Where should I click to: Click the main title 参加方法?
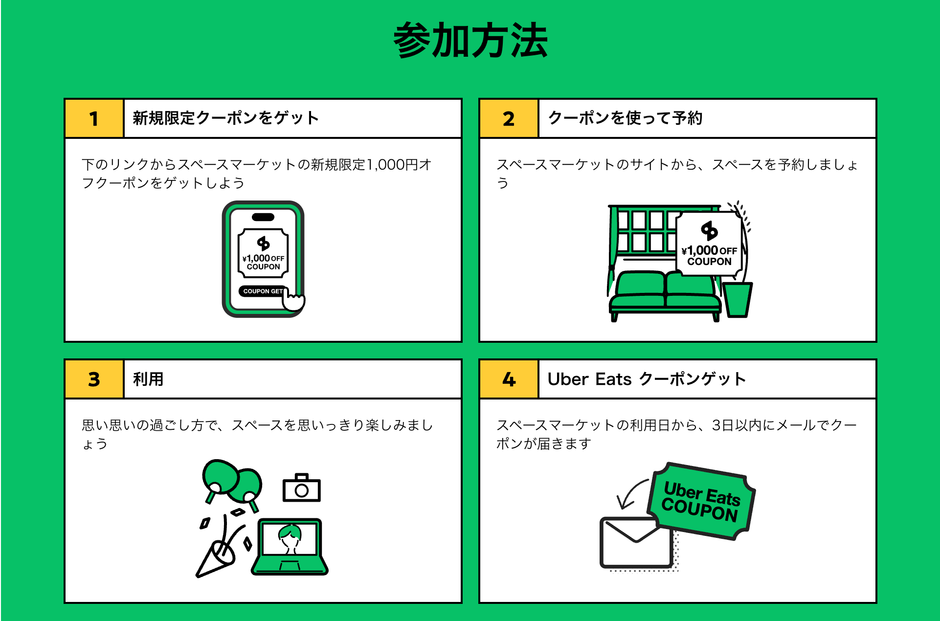click(470, 41)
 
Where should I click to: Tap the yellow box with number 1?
click(94, 118)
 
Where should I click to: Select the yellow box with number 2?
click(509, 118)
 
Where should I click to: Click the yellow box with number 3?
click(94, 379)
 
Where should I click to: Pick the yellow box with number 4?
click(509, 379)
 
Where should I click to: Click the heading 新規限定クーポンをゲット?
click(225, 118)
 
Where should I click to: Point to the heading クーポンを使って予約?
click(625, 118)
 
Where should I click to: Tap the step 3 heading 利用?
click(148, 379)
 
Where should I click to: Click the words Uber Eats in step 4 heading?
click(589, 379)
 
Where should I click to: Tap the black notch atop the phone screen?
click(263, 217)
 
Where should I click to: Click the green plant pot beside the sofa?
click(738, 299)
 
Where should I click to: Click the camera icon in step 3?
click(302, 488)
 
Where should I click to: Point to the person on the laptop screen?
click(290, 538)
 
